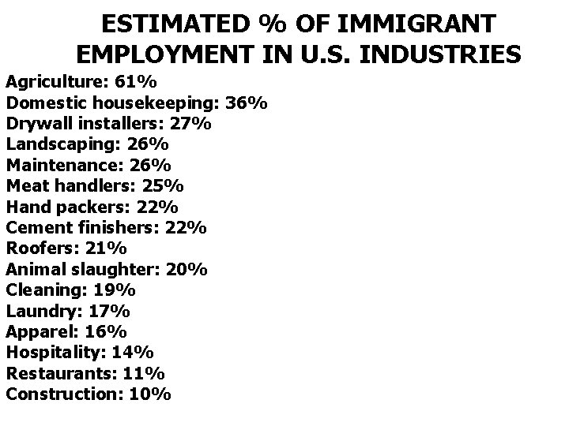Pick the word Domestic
pos(46,103)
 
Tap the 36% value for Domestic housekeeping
pos(247,103)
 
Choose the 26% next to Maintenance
pos(149,166)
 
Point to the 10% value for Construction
pos(149,394)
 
